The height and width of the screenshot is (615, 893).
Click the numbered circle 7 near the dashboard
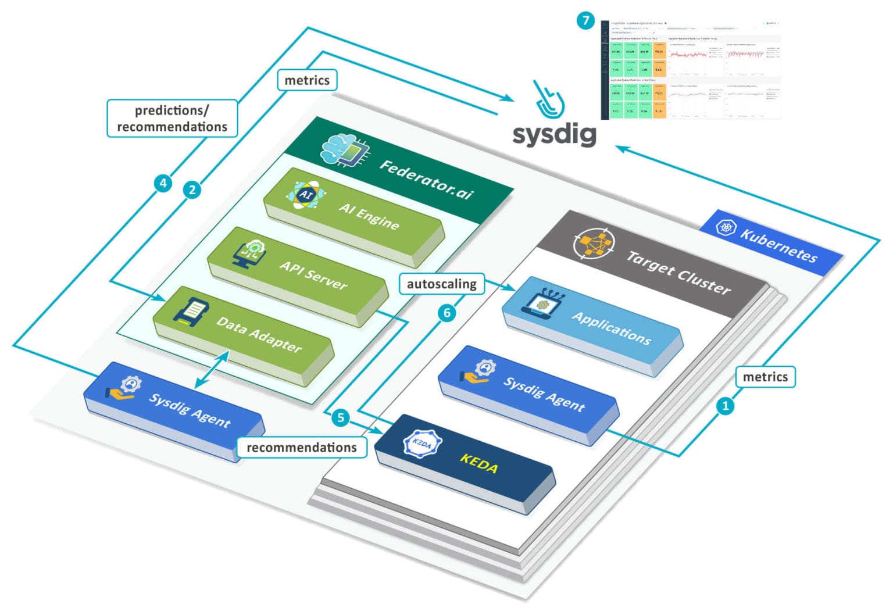(585, 21)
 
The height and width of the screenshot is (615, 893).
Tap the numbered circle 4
(163, 183)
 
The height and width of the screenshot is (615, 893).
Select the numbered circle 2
(192, 189)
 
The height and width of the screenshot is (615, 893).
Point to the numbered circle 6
(446, 313)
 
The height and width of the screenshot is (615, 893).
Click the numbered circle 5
(341, 417)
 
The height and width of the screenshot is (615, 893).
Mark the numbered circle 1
(724, 406)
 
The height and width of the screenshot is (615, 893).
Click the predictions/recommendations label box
(172, 119)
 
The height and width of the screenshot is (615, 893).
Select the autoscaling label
(441, 284)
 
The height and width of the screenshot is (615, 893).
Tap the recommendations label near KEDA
(301, 448)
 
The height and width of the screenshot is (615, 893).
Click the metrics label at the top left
(307, 80)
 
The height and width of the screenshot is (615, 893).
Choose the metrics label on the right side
(765, 377)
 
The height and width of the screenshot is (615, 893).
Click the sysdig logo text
(554, 134)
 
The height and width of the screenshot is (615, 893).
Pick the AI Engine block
(355, 216)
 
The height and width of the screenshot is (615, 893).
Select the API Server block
(298, 274)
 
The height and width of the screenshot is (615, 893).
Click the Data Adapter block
(244, 334)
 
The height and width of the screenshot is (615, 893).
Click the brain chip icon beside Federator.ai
(345, 150)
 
